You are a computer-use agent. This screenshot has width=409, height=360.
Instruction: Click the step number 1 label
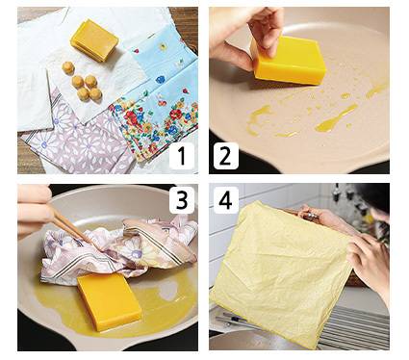pos(182,156)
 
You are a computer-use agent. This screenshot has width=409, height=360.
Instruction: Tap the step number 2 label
pos(226,156)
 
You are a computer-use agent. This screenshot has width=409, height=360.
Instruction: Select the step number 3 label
pos(182,200)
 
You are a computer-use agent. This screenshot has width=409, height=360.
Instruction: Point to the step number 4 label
pos(226,200)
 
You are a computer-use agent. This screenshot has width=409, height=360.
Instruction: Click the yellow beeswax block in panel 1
pos(94,40)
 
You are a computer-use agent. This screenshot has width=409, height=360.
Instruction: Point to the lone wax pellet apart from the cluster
pos(67,67)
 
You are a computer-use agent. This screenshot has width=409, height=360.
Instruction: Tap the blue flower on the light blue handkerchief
pos(160,79)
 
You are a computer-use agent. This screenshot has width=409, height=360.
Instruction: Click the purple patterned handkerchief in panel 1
pos(80,141)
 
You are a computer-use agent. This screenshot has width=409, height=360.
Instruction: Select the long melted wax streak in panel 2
pos(336,117)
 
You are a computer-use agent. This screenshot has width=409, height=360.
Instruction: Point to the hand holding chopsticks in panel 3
pos(35,210)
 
